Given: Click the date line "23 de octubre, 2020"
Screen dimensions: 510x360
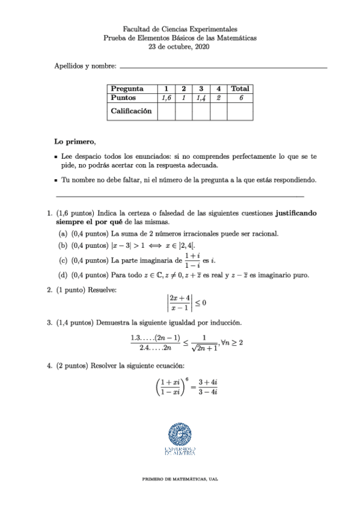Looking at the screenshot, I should tap(180, 47).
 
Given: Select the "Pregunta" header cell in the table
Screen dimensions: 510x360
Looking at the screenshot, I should tap(130, 88).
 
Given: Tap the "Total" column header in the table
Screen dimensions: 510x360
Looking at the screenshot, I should tap(240, 88).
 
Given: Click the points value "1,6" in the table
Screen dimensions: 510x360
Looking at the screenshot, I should tap(166, 97).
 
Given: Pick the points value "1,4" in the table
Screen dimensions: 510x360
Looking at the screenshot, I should tap(201, 97).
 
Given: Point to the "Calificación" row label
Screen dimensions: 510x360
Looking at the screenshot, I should tap(131, 111).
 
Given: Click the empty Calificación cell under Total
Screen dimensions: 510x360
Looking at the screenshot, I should tap(240, 111).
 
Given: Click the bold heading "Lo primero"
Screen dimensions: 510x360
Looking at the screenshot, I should tap(74, 142).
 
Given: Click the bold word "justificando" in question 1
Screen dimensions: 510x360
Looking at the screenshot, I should tap(296, 213).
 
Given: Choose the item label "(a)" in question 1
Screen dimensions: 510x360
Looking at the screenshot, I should tap(63, 233).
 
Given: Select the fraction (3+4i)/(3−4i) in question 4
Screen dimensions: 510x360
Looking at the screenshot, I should tap(207, 386).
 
